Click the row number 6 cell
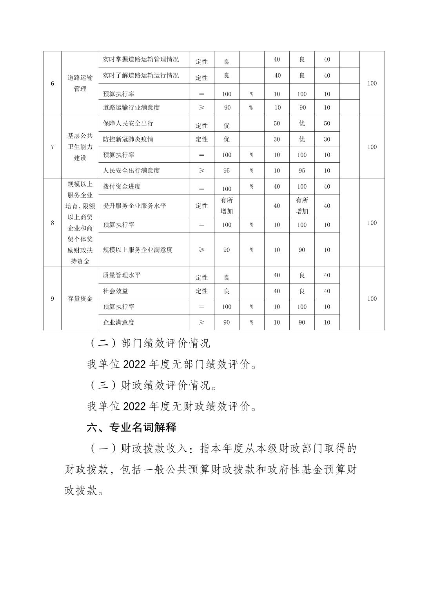click(53, 84)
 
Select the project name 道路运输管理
click(80, 83)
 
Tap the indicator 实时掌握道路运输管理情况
click(141, 60)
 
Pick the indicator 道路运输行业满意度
click(131, 107)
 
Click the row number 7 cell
click(53, 147)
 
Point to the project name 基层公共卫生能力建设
click(80, 147)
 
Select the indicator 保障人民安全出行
click(128, 124)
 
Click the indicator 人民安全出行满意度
click(131, 171)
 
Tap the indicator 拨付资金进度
click(122, 187)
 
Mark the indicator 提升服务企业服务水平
click(134, 205)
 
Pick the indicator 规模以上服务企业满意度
click(138, 250)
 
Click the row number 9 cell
click(53, 299)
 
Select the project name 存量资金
click(80, 299)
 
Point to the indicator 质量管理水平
click(122, 275)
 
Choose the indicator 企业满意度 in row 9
click(119, 322)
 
